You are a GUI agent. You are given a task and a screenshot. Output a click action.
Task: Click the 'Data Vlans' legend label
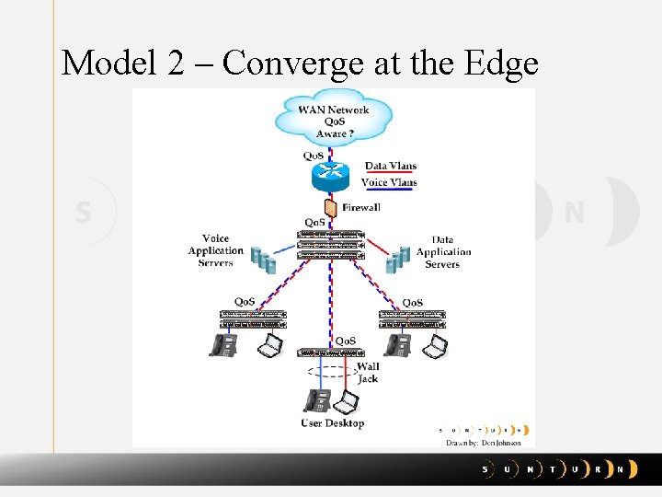click(x=391, y=167)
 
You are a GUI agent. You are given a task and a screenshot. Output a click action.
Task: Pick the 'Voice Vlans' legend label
click(x=389, y=182)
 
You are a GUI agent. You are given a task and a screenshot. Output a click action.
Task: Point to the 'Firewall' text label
click(x=361, y=208)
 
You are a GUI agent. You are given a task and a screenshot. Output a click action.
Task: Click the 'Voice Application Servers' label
click(x=216, y=250)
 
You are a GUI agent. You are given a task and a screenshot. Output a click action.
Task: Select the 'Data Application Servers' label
click(x=443, y=251)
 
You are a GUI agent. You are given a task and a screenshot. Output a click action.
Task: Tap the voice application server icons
click(x=265, y=260)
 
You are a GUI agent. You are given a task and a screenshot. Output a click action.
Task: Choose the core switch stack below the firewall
click(x=331, y=245)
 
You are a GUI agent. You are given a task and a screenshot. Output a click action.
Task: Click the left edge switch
click(x=253, y=319)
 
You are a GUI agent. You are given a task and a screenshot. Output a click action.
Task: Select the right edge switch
click(x=412, y=319)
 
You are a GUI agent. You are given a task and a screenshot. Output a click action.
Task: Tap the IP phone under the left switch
click(x=223, y=345)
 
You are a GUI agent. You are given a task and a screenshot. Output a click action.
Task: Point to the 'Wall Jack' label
click(x=368, y=373)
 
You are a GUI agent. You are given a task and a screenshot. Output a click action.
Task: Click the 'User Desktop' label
click(x=333, y=423)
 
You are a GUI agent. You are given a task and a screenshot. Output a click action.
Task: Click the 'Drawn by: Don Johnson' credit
click(x=484, y=443)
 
